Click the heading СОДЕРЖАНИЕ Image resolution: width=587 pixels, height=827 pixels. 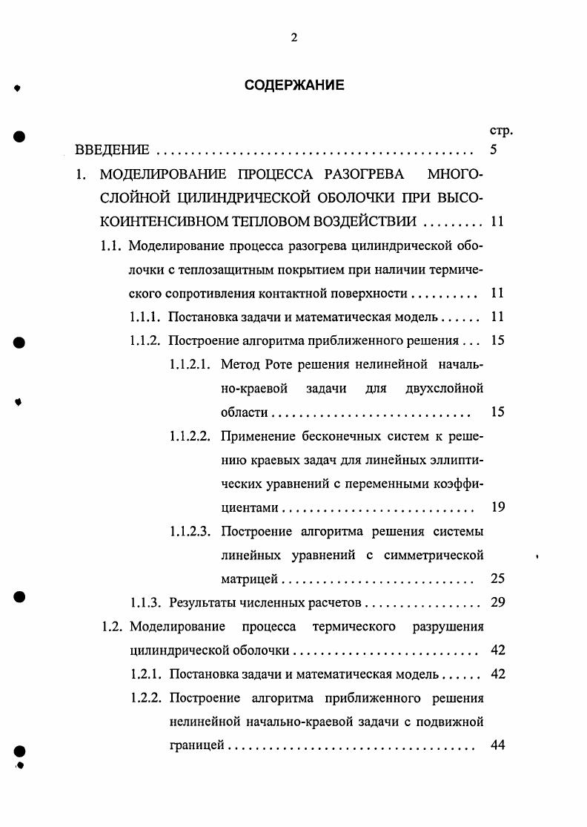click(x=294, y=85)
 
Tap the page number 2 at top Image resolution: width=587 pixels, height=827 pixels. click(x=294, y=39)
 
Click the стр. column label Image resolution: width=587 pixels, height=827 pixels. click(x=502, y=131)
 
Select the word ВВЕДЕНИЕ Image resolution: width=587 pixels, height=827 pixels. click(x=113, y=151)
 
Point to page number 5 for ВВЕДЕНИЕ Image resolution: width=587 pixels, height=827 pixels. click(x=494, y=151)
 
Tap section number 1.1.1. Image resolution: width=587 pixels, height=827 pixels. click(x=145, y=317)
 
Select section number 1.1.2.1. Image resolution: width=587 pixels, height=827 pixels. click(x=190, y=364)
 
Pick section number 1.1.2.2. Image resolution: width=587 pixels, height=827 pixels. click(x=190, y=436)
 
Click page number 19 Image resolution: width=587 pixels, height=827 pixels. click(x=498, y=507)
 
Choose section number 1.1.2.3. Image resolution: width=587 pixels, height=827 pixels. click(x=190, y=531)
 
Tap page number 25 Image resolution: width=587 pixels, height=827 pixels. click(x=498, y=579)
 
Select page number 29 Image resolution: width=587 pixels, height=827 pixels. click(x=498, y=602)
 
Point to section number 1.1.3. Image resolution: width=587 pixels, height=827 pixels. click(x=145, y=602)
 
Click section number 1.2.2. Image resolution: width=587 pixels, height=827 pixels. click(x=145, y=698)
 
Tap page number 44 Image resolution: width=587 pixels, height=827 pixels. click(x=498, y=745)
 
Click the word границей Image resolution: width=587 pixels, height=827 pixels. click(x=196, y=745)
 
